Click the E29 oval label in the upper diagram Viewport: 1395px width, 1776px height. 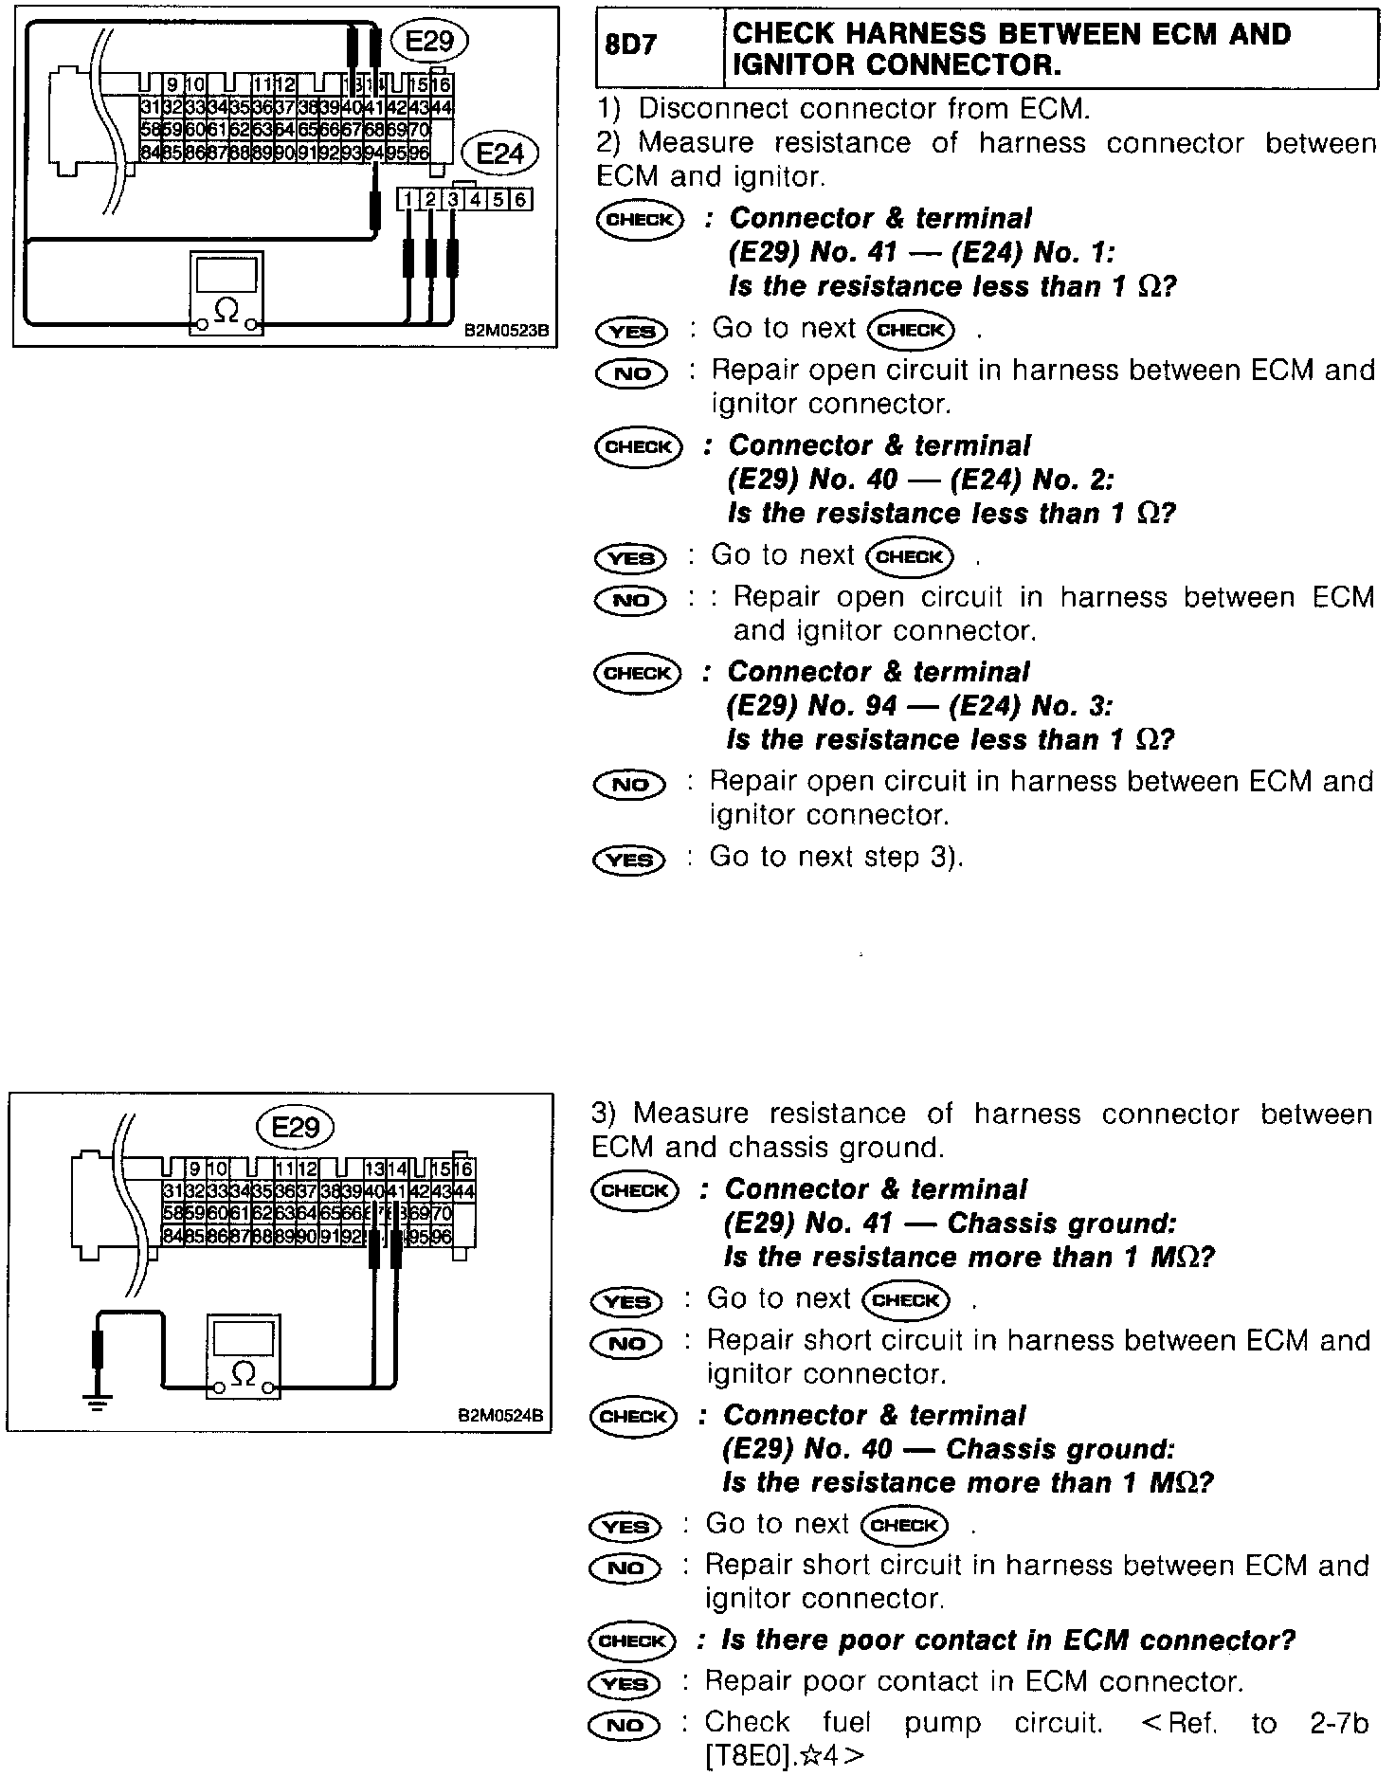(433, 41)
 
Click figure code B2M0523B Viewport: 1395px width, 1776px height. (506, 332)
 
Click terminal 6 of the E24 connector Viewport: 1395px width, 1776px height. (520, 199)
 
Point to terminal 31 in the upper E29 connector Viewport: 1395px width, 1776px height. (150, 107)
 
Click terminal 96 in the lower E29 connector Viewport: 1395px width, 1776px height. (442, 1236)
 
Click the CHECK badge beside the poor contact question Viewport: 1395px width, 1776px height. (632, 1640)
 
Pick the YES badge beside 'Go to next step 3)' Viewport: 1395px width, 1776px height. (629, 860)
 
